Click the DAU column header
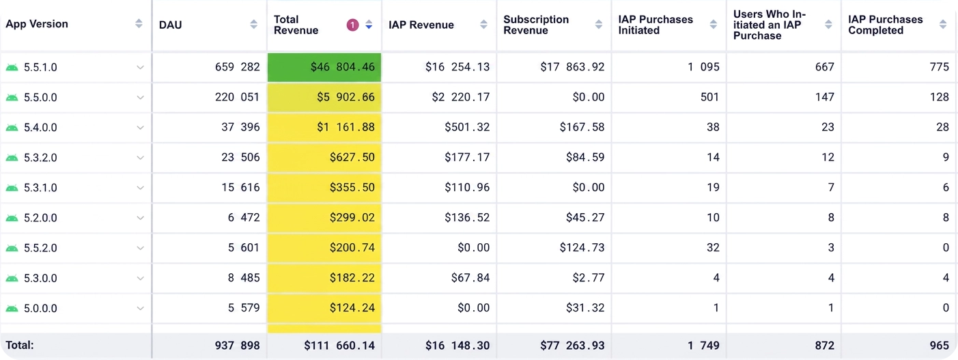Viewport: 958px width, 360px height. click(170, 25)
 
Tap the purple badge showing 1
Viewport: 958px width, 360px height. click(352, 25)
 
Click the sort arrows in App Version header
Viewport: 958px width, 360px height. click(139, 24)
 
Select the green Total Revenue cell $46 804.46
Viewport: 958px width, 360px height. click(324, 67)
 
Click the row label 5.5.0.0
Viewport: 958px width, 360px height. click(40, 98)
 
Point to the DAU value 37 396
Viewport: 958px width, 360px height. click(240, 127)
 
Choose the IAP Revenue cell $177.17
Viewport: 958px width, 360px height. click(467, 158)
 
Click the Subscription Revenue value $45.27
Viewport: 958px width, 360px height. click(585, 217)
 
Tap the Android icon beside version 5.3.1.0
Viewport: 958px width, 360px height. click(12, 188)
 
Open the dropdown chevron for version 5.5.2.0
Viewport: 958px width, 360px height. click(140, 248)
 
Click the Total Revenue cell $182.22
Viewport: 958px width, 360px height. click(324, 278)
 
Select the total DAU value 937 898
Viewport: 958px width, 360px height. click(238, 346)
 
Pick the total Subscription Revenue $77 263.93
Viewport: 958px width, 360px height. click(572, 346)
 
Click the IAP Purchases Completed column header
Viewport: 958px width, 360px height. click(886, 25)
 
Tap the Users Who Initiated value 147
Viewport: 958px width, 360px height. click(824, 97)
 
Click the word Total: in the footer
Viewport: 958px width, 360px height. click(20, 345)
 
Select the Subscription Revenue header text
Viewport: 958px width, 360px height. click(536, 25)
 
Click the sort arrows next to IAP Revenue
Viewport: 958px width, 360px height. click(483, 25)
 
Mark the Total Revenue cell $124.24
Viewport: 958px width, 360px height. click(324, 308)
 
